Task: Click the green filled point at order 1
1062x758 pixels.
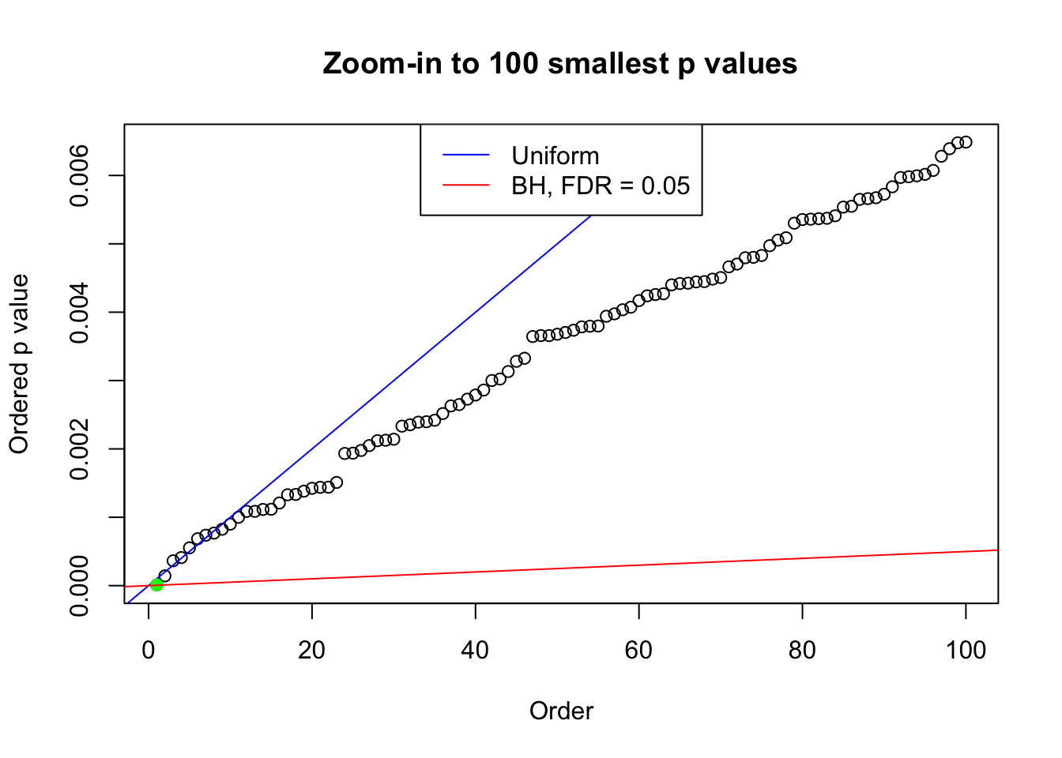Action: click(156, 584)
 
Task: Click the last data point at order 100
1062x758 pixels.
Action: click(966, 142)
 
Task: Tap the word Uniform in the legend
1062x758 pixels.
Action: click(555, 156)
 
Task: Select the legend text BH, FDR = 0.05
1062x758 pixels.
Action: click(601, 186)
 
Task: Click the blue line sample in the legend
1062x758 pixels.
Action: click(466, 156)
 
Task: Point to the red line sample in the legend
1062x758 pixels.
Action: click(466, 186)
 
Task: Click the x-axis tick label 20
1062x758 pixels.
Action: click(312, 650)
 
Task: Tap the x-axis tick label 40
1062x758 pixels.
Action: click(476, 650)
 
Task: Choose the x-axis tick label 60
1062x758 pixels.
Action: click(638, 650)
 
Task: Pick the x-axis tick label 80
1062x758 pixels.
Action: click(802, 650)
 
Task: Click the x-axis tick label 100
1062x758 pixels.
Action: click(966, 650)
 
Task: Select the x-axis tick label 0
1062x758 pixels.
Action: click(149, 650)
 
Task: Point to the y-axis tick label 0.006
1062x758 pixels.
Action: click(80, 175)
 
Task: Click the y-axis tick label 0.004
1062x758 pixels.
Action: click(80, 312)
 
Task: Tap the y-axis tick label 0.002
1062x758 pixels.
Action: click(80, 448)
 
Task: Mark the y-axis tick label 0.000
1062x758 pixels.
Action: click(80, 585)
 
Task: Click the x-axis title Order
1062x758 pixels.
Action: click(561, 711)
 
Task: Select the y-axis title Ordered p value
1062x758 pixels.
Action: click(19, 364)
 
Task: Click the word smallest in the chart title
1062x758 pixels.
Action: click(608, 63)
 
